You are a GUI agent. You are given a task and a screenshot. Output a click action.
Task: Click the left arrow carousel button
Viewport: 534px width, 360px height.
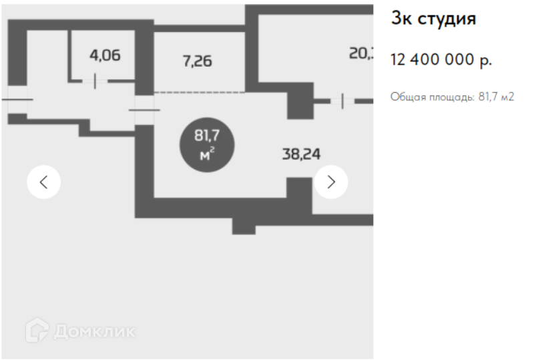click(44, 182)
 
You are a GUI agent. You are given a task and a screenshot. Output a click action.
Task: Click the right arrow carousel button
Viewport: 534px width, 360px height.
click(330, 182)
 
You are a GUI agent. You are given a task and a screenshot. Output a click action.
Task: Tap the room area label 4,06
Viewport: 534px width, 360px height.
click(105, 55)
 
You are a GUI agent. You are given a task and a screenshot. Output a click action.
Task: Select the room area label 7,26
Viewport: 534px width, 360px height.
click(197, 61)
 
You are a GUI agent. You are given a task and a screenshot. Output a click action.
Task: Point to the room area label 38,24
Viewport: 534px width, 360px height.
click(301, 154)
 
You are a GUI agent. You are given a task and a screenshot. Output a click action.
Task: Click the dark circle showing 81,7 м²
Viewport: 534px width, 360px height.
click(207, 144)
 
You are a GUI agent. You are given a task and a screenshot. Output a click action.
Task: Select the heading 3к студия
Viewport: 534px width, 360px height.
click(433, 19)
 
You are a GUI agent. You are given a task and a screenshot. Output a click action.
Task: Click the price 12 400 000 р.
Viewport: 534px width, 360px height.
click(441, 60)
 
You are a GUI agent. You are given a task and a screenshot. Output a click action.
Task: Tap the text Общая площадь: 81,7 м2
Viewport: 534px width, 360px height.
click(452, 97)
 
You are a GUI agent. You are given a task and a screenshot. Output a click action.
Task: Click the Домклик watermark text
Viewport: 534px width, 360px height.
click(94, 331)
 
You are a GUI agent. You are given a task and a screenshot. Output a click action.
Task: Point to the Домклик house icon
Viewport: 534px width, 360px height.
click(37, 330)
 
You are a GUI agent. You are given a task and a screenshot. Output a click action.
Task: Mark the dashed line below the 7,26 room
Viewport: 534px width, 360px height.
click(199, 93)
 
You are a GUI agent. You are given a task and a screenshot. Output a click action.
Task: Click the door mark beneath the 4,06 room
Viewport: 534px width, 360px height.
click(95, 81)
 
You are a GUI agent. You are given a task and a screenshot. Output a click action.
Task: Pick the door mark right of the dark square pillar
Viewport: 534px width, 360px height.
click(342, 101)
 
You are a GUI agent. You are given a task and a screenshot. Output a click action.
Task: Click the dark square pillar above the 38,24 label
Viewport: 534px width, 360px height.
click(300, 100)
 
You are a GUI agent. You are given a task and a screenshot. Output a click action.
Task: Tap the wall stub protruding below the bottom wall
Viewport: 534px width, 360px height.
click(244, 226)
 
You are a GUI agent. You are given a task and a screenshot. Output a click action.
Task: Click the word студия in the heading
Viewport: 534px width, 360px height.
click(447, 19)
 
